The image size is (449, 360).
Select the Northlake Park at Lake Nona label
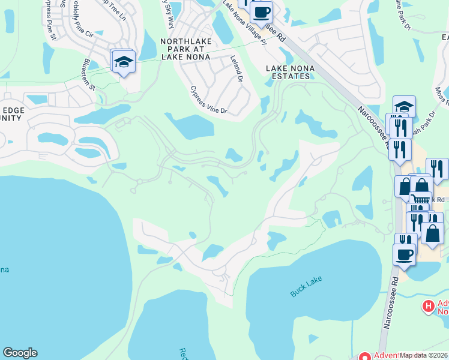pos(185,49)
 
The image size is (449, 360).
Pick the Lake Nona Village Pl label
pos(243,22)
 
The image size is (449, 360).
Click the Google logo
pos(20,353)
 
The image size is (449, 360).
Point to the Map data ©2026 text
pos(424,355)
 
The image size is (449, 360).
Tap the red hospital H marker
pos(428,307)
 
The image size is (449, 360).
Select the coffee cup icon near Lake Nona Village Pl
pos(261,12)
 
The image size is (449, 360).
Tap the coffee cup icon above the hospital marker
pos(404,254)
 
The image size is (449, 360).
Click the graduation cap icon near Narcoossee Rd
pos(404,107)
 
